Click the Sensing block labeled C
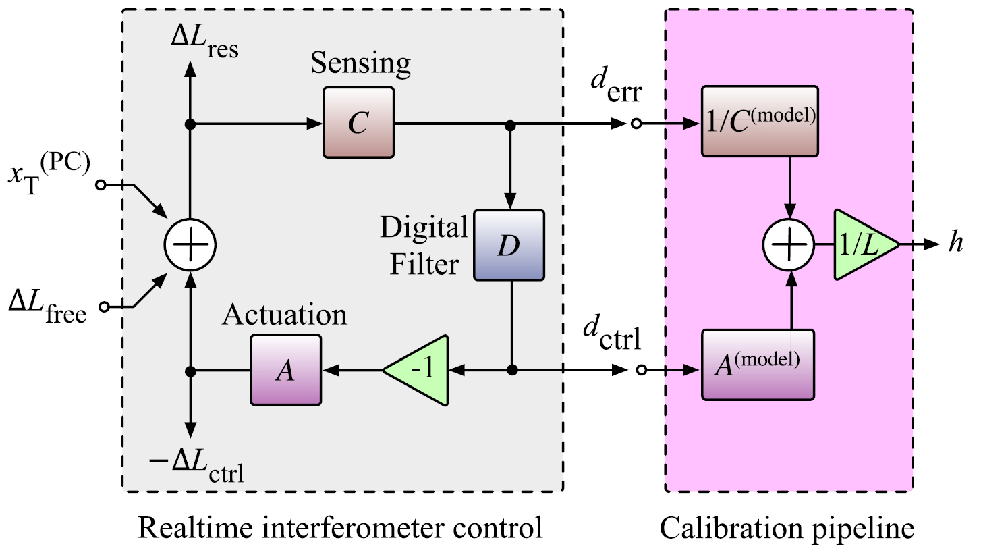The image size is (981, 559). pyautogui.click(x=358, y=124)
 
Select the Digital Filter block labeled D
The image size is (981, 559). pyautogui.click(x=509, y=245)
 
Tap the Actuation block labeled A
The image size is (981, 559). pyautogui.click(x=286, y=370)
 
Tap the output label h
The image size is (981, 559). pyautogui.click(x=954, y=244)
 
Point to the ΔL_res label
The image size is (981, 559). pyautogui.click(x=204, y=44)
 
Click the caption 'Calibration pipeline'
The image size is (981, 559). pyautogui.click(x=787, y=529)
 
